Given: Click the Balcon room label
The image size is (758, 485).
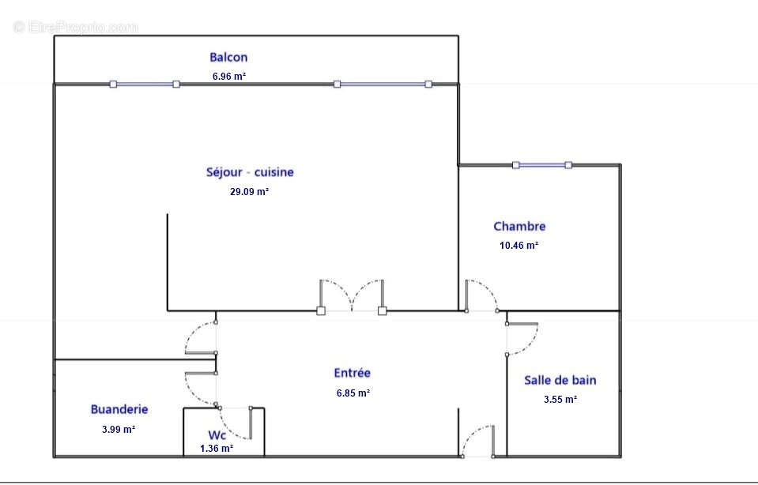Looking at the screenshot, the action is (228, 57).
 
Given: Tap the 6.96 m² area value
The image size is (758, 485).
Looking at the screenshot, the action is (229, 76).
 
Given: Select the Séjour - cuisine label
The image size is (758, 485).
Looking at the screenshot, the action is (250, 172).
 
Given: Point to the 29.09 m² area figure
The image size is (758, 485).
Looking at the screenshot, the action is (250, 191).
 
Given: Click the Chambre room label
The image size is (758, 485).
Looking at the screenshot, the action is (519, 226).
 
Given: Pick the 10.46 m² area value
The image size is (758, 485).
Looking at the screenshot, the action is (519, 245).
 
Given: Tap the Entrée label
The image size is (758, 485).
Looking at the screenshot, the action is (353, 373).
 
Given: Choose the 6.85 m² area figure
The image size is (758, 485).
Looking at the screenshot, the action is (353, 393).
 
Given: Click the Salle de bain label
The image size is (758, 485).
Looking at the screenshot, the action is (560, 380).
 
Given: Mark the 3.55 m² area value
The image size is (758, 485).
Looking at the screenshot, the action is (560, 399).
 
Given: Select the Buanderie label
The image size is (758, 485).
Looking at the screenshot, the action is (119, 409).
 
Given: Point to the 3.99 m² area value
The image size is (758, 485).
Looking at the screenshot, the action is (119, 429).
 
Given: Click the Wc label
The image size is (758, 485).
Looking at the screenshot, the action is (217, 434).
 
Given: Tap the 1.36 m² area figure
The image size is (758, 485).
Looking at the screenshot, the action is (217, 449).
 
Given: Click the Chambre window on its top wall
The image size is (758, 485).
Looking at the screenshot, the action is (542, 165).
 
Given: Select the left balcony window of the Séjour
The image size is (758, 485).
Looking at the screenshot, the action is (145, 84).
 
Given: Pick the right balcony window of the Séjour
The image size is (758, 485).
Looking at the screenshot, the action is (383, 84).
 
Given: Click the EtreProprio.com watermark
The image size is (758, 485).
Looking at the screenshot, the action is (75, 27).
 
